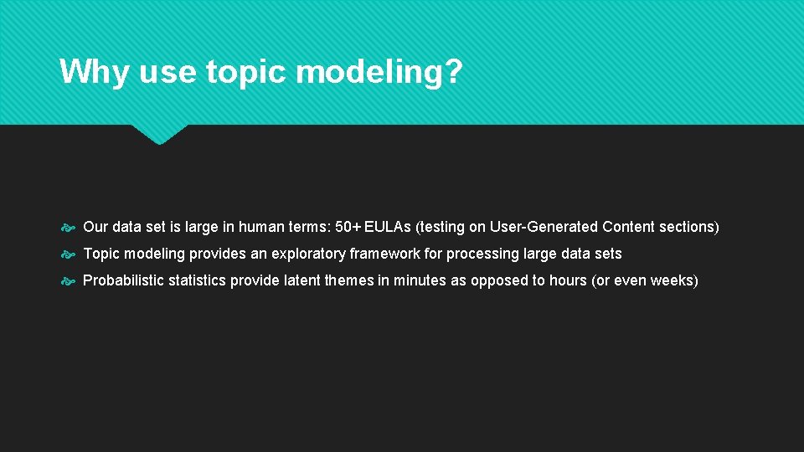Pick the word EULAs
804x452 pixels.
pyautogui.click(x=388, y=227)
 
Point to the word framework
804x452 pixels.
pyautogui.click(x=384, y=254)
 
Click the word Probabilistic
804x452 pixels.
pyautogui.click(x=124, y=280)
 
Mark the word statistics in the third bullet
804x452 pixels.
pyautogui.click(x=198, y=280)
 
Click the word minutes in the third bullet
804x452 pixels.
pyautogui.click(x=420, y=280)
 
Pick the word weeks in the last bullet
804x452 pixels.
pyautogui.click(x=673, y=280)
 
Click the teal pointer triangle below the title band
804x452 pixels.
pyautogui.click(x=159, y=133)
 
